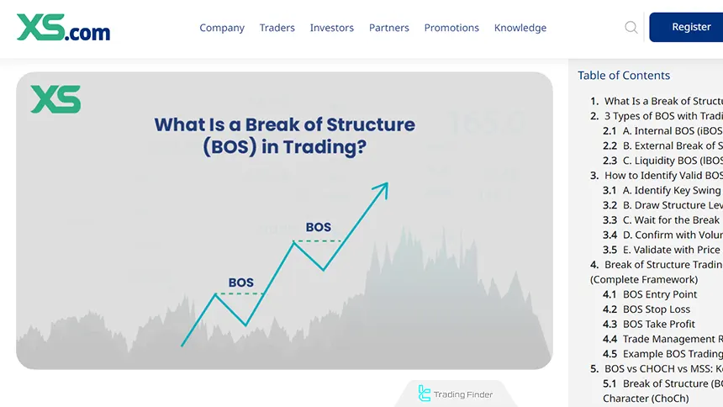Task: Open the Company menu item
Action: click(x=222, y=28)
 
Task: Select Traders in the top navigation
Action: click(x=277, y=28)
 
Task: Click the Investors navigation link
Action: click(x=331, y=28)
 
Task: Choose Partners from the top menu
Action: click(x=388, y=28)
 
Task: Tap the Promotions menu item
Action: click(x=451, y=28)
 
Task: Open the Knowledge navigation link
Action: click(x=520, y=28)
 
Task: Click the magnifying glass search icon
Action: click(x=631, y=28)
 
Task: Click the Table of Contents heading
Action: click(x=624, y=76)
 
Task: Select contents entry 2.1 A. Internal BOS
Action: click(x=664, y=131)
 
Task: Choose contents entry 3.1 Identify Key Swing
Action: click(x=664, y=191)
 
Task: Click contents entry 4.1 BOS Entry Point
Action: click(x=659, y=294)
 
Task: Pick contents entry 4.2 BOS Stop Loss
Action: click(x=656, y=309)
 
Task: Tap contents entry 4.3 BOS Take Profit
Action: click(x=658, y=325)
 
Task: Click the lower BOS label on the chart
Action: click(x=240, y=283)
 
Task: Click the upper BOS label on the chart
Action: click(x=318, y=227)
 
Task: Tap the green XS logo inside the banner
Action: click(x=55, y=99)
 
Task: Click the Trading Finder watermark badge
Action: click(x=456, y=394)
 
